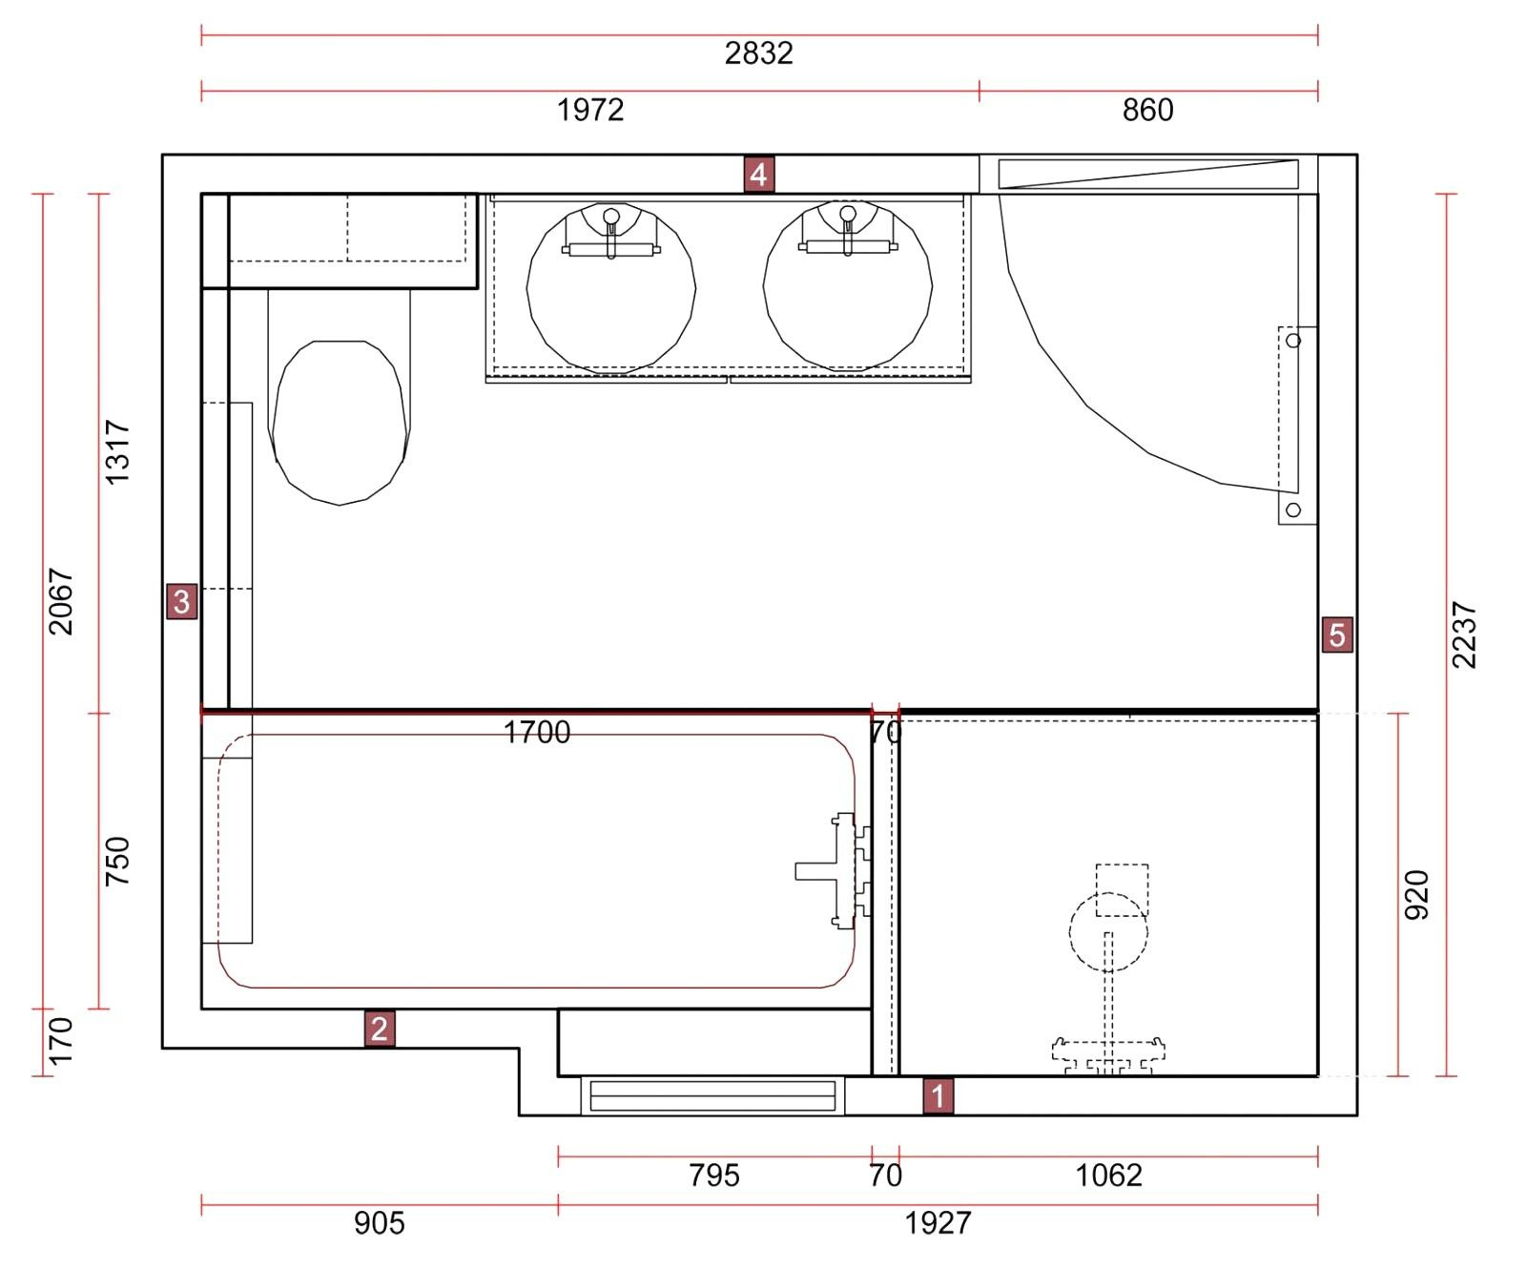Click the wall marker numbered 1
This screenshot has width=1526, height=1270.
(x=938, y=1095)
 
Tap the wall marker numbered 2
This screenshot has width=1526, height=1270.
(x=379, y=1029)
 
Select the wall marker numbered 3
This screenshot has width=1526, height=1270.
(x=181, y=601)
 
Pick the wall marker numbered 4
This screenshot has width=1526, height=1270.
(x=758, y=175)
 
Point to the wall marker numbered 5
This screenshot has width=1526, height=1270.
(x=1336, y=635)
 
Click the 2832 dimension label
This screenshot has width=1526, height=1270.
(x=759, y=53)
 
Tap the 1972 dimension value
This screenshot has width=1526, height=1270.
(x=590, y=111)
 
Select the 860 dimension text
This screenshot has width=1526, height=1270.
(x=1147, y=111)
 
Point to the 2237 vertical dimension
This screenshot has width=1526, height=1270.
(x=1464, y=635)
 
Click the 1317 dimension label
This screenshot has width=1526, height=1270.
(x=116, y=452)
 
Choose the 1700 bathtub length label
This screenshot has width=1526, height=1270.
(x=537, y=733)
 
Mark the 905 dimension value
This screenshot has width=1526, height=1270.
(x=380, y=1223)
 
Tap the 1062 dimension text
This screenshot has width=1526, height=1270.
(x=1108, y=1176)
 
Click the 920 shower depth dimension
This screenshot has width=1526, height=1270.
(x=1417, y=895)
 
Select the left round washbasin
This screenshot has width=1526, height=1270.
(x=611, y=286)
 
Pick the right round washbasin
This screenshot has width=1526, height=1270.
(x=848, y=285)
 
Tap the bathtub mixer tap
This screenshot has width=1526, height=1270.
(x=834, y=870)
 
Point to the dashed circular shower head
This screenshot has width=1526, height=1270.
(x=1108, y=932)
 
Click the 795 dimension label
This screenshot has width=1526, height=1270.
(x=714, y=1176)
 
